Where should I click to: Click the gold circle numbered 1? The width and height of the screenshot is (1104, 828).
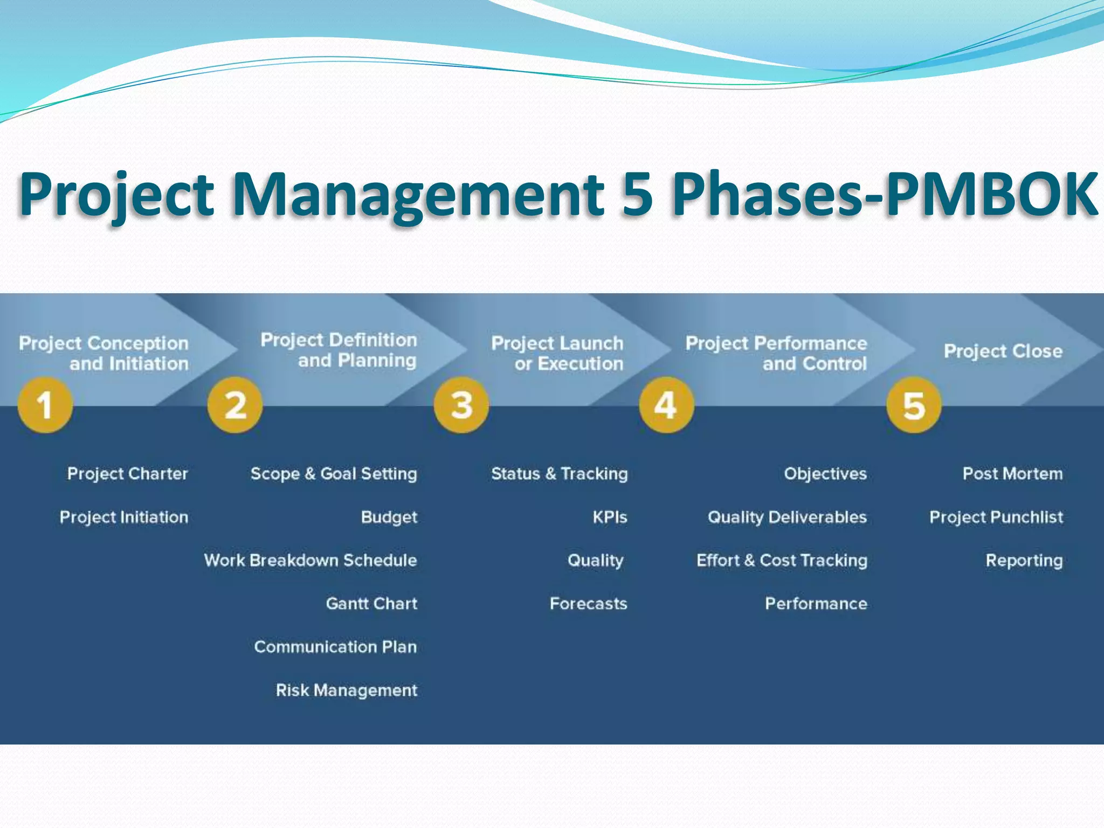pos(45,405)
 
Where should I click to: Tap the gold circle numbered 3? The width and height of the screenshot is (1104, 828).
pos(461,405)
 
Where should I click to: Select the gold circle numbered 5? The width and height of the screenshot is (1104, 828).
pos(914,405)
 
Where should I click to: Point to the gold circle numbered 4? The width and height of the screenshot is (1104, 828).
pos(666,405)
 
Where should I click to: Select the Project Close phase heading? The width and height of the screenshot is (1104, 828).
pos(1003,351)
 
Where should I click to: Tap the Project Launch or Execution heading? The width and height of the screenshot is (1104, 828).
pos(557,353)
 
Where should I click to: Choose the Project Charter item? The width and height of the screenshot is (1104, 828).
pos(127,473)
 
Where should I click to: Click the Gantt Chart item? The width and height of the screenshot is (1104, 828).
pos(371,603)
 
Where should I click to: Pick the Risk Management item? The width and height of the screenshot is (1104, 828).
pos(346,690)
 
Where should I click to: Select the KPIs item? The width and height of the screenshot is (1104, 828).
pos(610,517)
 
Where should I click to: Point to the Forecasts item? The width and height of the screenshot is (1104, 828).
pos(588,603)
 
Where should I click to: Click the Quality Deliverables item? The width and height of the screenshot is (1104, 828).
pos(787,517)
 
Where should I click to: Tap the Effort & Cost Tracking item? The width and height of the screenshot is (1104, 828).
pos(782,560)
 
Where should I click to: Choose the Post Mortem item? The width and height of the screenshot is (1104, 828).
pos(1012,473)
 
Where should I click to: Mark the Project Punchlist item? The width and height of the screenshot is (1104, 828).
pos(996,517)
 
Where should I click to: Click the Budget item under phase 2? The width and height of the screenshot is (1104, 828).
pos(389,517)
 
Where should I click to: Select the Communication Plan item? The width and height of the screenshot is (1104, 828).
pos(335,646)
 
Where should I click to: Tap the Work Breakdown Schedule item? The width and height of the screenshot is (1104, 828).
pos(310,560)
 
